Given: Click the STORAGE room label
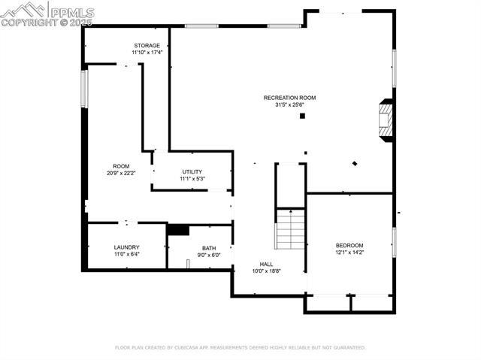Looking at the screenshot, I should click(147, 46).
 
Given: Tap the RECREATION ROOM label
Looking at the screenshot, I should click(289, 98).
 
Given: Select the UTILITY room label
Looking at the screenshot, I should click(192, 172).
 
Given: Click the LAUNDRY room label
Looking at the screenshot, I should click(126, 247).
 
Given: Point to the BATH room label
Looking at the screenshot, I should click(208, 248).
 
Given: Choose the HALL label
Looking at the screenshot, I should click(266, 264).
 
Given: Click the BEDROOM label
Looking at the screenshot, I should click(349, 246).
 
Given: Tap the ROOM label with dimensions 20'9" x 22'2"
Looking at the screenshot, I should click(121, 166).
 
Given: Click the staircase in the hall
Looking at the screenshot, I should click(290, 229).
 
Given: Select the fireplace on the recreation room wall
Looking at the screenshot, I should click(386, 120).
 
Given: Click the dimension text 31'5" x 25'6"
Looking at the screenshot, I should click(289, 105).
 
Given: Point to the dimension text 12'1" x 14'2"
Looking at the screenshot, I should click(349, 253).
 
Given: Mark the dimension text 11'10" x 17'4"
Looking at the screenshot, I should click(147, 53).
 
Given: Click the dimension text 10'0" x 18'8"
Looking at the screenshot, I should click(266, 271).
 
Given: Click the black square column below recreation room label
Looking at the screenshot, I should click(302, 116).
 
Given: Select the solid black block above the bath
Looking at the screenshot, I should click(178, 229).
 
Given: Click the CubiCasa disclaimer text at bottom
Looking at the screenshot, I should click(240, 347).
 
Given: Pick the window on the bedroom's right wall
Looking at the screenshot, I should click(393, 243).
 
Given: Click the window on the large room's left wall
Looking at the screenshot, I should click(84, 88).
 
